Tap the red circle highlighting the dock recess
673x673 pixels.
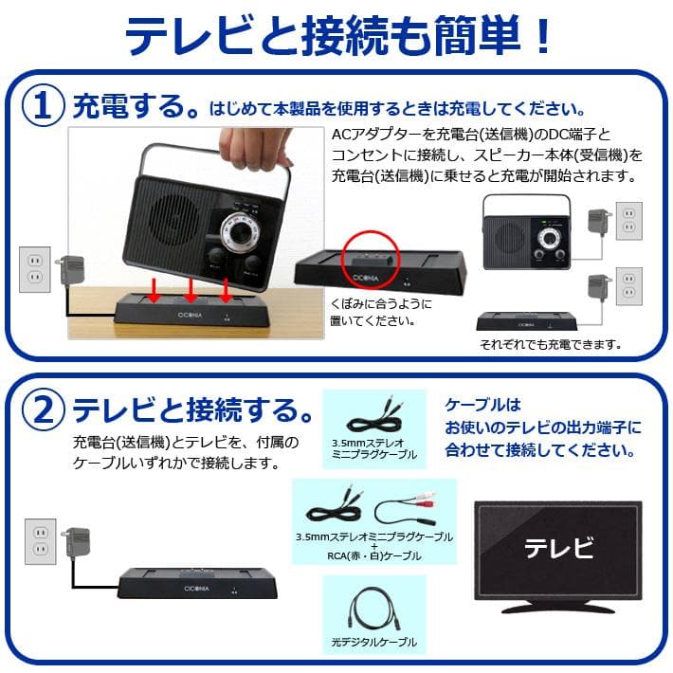pyautogui.click(x=369, y=248)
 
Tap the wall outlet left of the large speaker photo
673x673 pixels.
pyautogui.click(x=35, y=269)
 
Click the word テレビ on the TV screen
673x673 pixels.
pyautogui.click(x=558, y=548)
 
